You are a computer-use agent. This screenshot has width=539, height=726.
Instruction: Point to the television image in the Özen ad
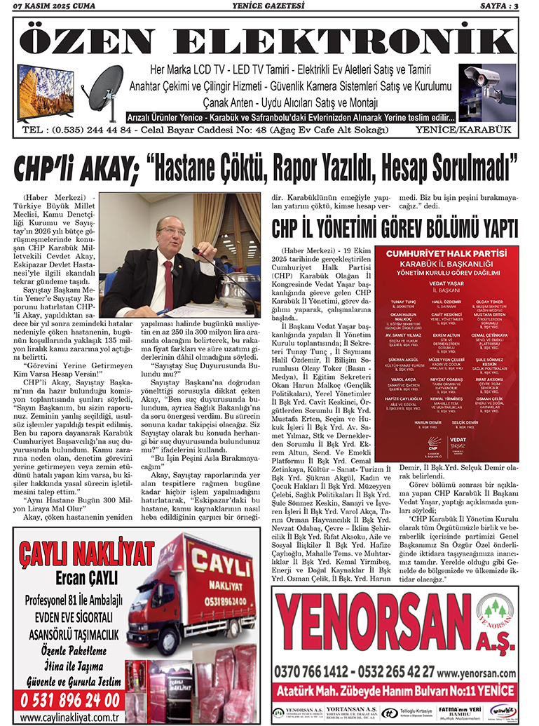[45, 93]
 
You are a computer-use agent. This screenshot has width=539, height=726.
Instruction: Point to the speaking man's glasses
[170, 229]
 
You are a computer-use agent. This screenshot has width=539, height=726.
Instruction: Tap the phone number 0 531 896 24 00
[70, 700]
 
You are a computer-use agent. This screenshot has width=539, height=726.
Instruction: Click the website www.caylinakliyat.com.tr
[69, 718]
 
